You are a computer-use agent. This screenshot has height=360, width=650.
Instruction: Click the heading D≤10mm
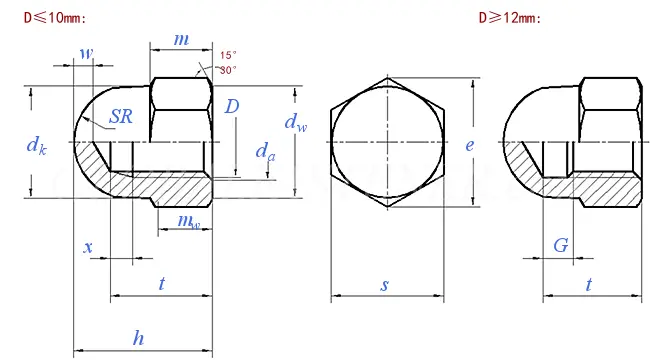pyautogui.click(x=55, y=17)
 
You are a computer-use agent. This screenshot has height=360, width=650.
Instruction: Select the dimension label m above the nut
pyautogui.click(x=181, y=39)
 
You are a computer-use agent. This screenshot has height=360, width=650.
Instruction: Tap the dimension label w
pyautogui.click(x=86, y=52)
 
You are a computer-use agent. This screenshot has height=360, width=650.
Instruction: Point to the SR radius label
pyautogui.click(x=121, y=117)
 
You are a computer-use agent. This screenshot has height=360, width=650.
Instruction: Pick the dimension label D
pyautogui.click(x=232, y=106)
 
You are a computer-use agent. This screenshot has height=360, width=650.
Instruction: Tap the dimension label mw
pyautogui.click(x=187, y=220)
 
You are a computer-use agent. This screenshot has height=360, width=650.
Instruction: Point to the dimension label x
pyautogui.click(x=88, y=245)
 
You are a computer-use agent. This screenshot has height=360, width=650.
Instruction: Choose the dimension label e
pyautogui.click(x=469, y=145)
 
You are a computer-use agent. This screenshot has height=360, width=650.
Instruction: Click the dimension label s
pyautogui.click(x=385, y=285)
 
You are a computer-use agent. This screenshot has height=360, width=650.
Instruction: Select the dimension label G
pyautogui.click(x=561, y=245)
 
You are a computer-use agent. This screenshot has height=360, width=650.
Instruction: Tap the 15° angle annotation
pyautogui.click(x=229, y=55)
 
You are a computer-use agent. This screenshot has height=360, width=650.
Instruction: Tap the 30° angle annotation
pyautogui.click(x=229, y=69)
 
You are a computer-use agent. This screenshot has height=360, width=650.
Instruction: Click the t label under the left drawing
pyautogui.click(x=161, y=284)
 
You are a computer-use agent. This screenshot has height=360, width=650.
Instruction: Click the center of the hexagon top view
pyautogui.click(x=385, y=144)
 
